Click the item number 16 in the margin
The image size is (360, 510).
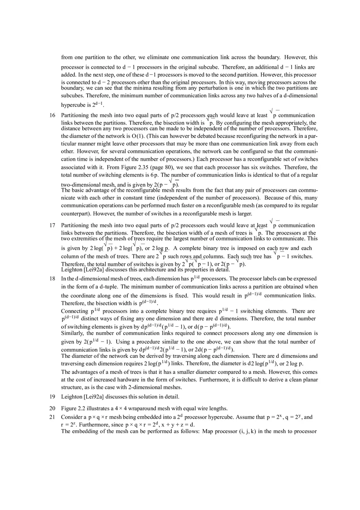click(x=52, y=115)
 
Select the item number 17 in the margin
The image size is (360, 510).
click(x=52, y=225)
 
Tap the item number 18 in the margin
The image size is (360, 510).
click(x=52, y=279)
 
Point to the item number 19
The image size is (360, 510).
click(x=52, y=396)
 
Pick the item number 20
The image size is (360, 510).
click(x=52, y=408)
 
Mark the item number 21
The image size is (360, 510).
click(x=52, y=417)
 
